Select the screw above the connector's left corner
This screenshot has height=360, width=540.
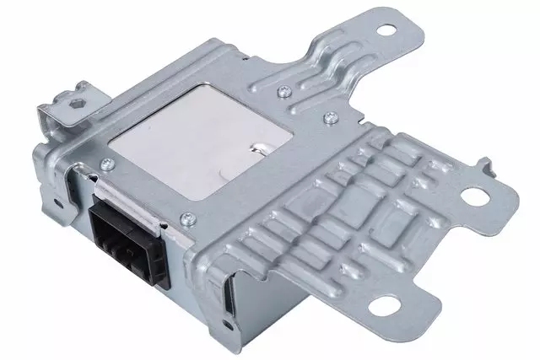tap(106, 164)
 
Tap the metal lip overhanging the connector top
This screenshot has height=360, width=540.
tap(127, 192)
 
